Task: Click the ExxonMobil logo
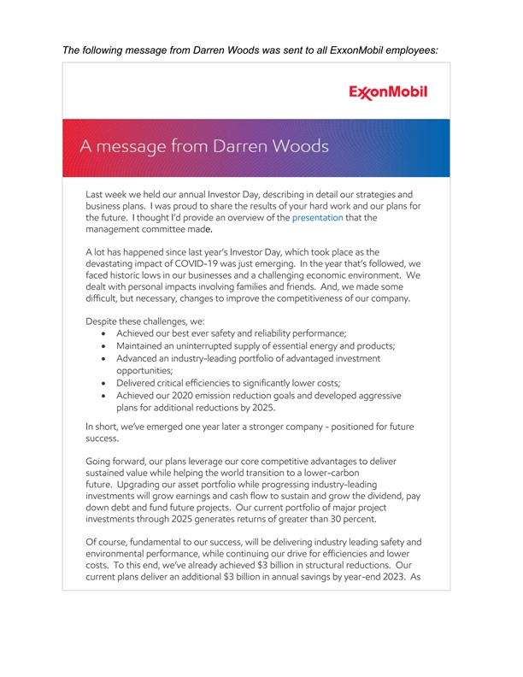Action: [388, 92]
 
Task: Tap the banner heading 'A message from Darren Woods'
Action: [204, 146]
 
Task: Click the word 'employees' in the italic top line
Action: [404, 50]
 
